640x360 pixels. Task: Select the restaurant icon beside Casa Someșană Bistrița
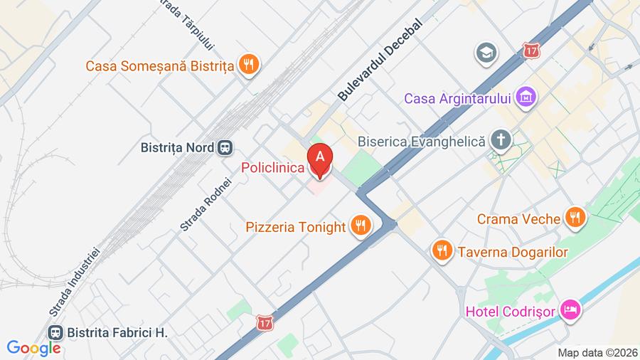(248, 65)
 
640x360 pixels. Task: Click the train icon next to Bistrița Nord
(225, 147)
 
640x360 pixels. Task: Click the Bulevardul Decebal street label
(380, 59)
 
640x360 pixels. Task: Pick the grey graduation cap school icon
(486, 52)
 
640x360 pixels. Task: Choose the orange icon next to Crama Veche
(575, 218)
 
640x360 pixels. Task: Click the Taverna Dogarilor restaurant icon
(442, 250)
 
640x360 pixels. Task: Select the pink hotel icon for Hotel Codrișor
(570, 309)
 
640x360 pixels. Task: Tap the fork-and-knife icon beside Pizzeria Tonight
(361, 227)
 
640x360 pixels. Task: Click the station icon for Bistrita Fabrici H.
(55, 332)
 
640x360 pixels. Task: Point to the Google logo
(33, 349)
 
